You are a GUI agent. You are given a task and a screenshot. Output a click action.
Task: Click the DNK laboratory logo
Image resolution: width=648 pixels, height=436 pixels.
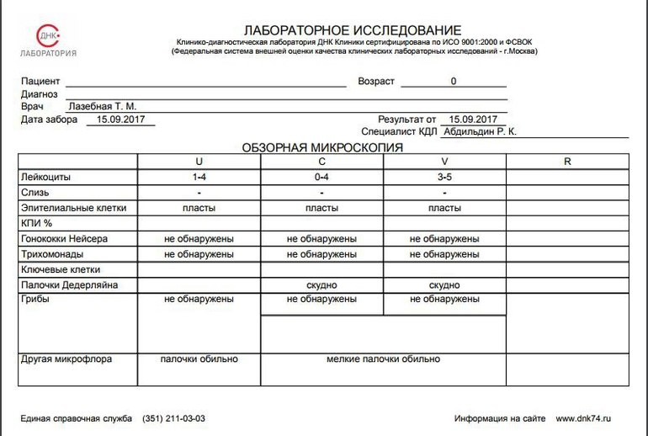point(48,40)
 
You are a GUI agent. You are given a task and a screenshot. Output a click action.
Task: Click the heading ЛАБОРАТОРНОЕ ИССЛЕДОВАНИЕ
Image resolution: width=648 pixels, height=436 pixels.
point(353,30)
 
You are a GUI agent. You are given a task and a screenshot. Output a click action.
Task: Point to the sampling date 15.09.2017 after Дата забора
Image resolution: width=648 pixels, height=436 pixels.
point(120,120)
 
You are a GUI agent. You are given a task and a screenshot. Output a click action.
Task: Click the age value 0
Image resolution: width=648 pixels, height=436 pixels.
point(454,82)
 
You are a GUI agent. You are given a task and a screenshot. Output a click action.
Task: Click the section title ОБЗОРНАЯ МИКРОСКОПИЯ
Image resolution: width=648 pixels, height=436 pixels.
point(322,147)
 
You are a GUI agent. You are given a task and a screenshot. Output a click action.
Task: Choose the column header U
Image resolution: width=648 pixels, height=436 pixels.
point(199,162)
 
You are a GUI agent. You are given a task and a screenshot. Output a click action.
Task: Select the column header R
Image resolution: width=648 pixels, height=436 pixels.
point(567,162)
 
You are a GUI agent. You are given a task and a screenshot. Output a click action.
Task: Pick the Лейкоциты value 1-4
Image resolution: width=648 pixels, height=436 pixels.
point(199,178)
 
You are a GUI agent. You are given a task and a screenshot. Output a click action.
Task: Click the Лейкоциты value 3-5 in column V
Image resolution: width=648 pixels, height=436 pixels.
point(444,178)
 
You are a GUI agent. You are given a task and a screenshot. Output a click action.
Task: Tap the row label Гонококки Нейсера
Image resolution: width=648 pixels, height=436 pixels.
point(63,239)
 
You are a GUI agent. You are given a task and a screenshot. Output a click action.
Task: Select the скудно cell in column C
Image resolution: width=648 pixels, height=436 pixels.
point(321,285)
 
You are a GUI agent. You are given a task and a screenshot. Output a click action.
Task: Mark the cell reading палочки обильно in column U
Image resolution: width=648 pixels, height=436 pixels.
point(199,359)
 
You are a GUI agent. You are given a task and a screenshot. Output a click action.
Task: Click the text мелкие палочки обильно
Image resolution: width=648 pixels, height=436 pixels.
point(383,359)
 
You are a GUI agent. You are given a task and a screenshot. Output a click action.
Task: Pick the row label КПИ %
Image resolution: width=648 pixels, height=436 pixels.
point(36,223)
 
